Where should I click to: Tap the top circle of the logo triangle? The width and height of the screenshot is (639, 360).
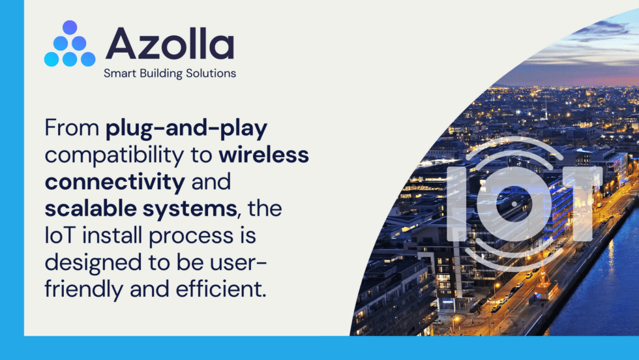[x=70, y=27]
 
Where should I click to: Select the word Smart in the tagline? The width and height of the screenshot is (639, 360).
[x=119, y=74]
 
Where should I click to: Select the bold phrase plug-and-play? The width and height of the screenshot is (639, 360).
[x=187, y=128]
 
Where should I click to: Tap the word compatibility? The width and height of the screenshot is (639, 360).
[x=128, y=156]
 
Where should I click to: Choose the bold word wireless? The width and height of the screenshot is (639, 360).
[x=264, y=156]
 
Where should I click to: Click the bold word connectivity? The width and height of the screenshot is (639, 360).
[x=115, y=183]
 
